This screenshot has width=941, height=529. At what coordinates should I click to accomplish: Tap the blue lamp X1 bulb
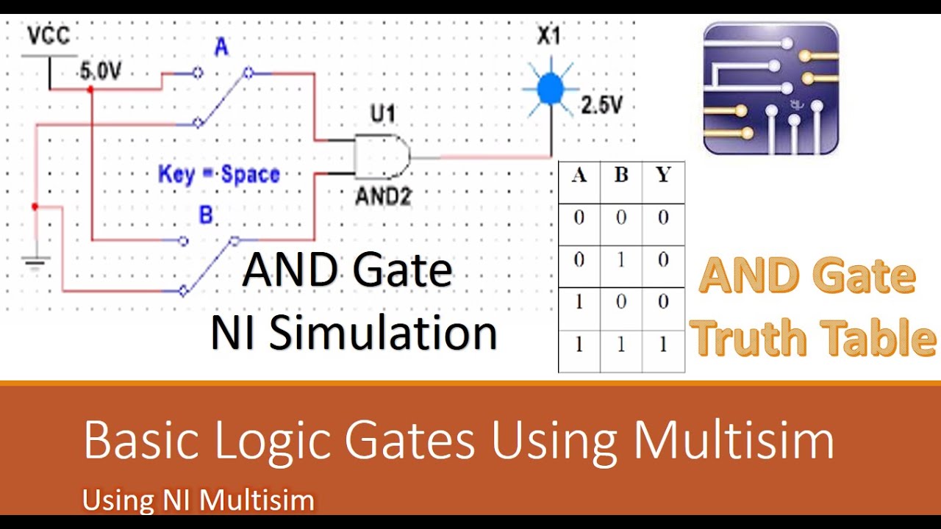coord(548,89)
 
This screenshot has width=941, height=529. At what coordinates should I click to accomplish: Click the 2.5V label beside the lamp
coord(601,105)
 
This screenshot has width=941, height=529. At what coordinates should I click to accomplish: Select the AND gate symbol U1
coord(381,156)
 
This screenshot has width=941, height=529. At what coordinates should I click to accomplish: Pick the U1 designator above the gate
coord(382,114)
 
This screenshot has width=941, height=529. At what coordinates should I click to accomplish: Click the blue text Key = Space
coord(219,175)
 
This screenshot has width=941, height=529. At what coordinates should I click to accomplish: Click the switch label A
coord(221,48)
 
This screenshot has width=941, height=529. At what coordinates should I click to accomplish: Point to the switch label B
coord(207,215)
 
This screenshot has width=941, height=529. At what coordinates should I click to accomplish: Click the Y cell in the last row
coord(663,345)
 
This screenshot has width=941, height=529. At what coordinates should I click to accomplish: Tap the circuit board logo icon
coord(770,88)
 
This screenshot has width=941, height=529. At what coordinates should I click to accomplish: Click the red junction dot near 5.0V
coord(90,89)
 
